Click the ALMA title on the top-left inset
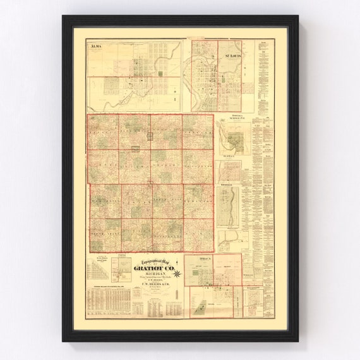coord(96,47)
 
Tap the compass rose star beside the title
coord(177,273)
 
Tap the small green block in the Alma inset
coord(159,74)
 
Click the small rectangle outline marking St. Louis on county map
coord(150,135)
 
